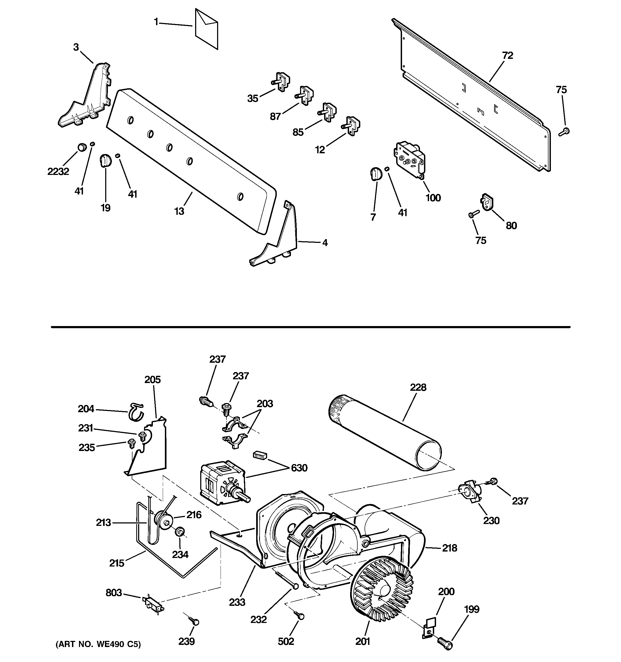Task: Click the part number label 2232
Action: [58, 171]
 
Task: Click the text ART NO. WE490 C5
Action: [98, 644]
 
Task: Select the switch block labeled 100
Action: [410, 160]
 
